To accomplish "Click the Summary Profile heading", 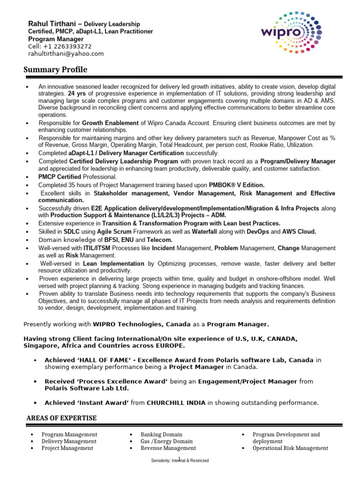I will coord(55,70).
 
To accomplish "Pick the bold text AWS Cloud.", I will coord(299,232).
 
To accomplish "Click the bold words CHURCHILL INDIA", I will coord(176,403).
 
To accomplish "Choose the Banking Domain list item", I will coord(161,435).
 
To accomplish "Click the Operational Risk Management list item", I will coord(290,448).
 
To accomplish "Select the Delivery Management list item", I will coord(69,441).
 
